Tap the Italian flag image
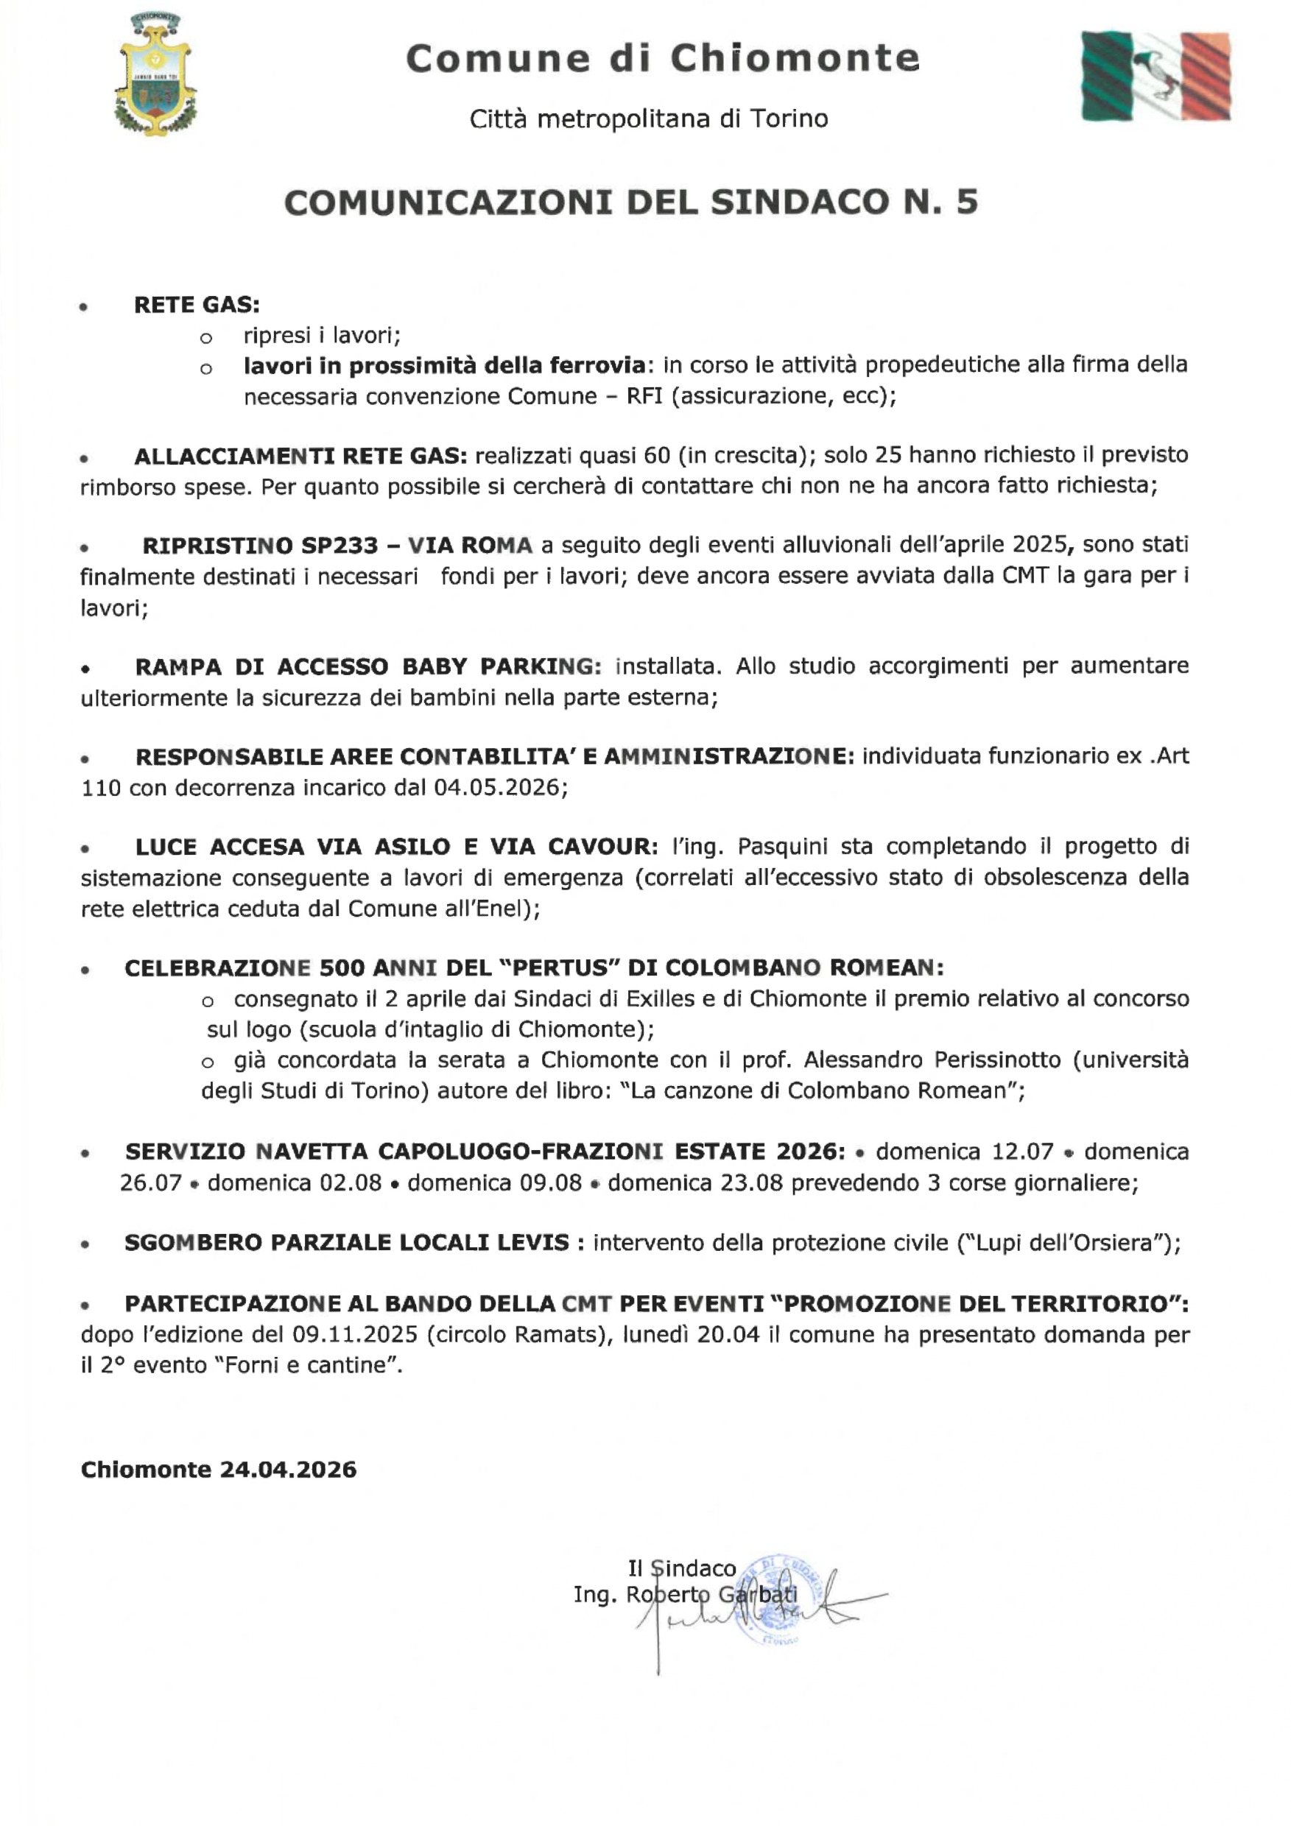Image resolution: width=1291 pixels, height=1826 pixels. (x=1155, y=77)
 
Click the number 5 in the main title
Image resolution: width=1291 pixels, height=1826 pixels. (x=966, y=202)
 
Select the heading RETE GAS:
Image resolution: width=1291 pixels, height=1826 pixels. (x=197, y=305)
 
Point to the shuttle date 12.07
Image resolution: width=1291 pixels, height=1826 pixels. (x=1022, y=1152)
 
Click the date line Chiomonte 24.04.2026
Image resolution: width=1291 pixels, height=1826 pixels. (x=219, y=1470)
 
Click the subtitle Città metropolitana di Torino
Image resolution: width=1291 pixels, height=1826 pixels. (x=648, y=119)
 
